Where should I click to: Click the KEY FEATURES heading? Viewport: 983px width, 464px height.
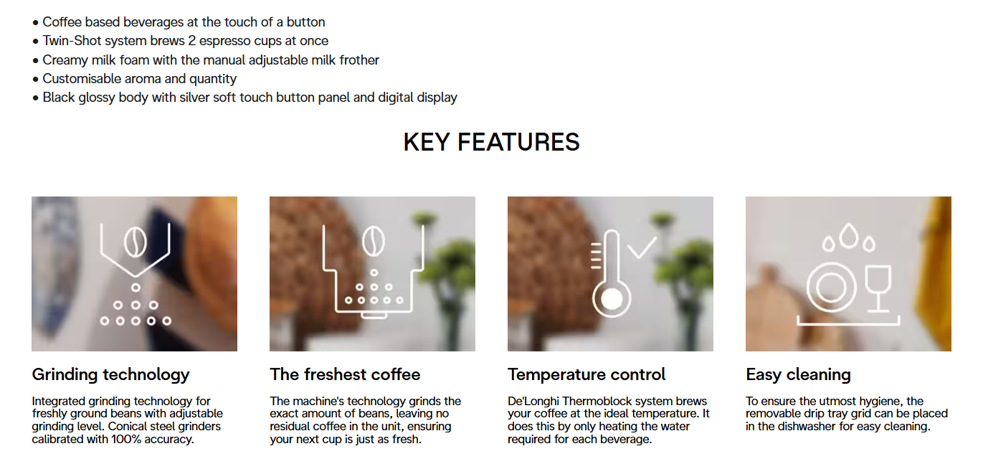pos(492,142)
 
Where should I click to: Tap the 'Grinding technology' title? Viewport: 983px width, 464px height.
pos(110,375)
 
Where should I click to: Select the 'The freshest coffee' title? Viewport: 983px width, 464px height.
pos(345,374)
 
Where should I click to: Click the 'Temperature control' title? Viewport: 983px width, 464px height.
pos(587,374)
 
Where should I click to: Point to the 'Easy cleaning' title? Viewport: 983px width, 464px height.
pos(798,375)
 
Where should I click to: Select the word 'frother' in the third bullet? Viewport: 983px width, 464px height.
pos(359,60)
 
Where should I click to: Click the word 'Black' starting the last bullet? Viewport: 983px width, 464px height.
pos(58,97)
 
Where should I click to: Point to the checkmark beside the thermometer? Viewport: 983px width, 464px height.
pos(641,248)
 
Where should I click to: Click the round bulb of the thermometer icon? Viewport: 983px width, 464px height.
pos(612,299)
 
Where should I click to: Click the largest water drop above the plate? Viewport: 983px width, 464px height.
pos(849,236)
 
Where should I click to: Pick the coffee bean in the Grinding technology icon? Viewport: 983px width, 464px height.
pos(136,242)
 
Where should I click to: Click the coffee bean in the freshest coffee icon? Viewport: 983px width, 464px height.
pos(374,241)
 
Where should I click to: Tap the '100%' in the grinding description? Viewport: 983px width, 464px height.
pos(127,440)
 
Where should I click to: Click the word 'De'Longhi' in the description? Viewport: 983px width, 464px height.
pos(533,401)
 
